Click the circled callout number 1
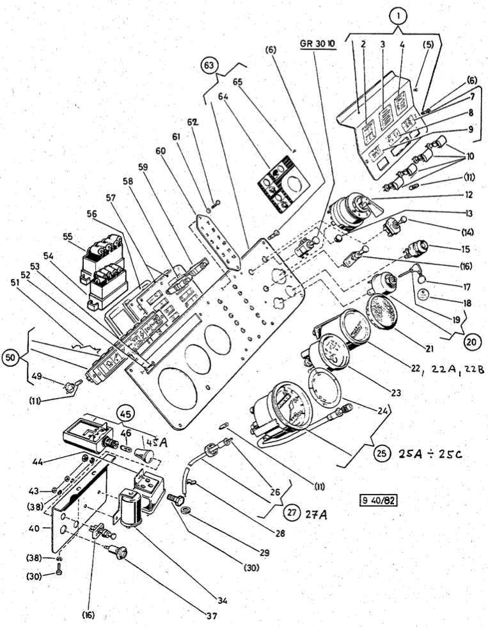pos(398,13)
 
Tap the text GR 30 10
pos(317,45)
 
